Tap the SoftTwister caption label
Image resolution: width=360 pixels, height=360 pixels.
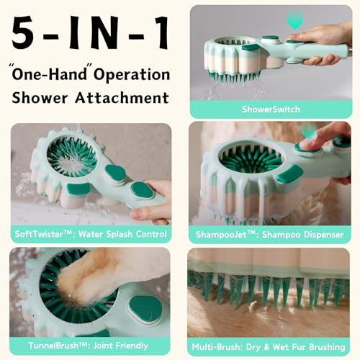(91, 234)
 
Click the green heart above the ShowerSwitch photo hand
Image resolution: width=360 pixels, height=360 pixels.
(294, 19)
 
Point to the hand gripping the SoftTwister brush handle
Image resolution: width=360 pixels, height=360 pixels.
(155, 205)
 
